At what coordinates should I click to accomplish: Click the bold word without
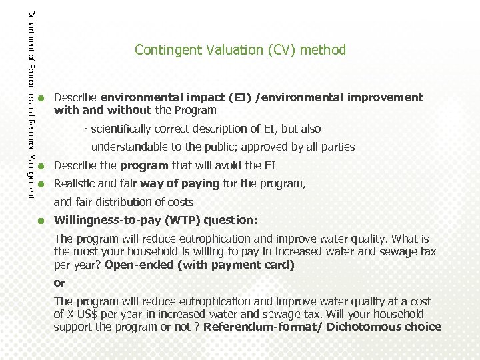click(133, 111)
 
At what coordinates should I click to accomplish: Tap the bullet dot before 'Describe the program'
click(41, 166)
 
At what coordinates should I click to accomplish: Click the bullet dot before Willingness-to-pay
click(41, 221)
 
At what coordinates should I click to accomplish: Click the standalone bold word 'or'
click(60, 283)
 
